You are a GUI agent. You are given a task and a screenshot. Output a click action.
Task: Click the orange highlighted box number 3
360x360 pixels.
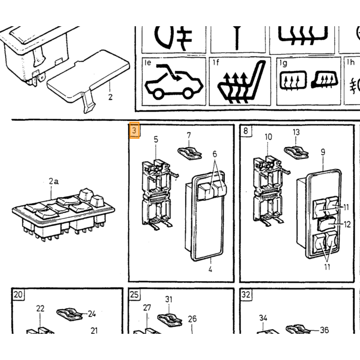coord(134,131)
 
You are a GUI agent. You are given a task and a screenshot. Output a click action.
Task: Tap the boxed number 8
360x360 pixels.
coord(246,131)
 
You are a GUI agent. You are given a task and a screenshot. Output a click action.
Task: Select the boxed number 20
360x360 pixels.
coord(18,294)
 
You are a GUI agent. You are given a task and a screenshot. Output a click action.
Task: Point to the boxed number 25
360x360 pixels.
coord(134,294)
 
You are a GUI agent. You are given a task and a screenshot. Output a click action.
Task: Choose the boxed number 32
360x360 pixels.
coord(246,294)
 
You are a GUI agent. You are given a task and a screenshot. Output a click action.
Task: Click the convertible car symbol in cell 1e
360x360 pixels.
coord(174,82)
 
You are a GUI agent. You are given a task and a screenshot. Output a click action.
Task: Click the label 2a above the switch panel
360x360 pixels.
coord(53,182)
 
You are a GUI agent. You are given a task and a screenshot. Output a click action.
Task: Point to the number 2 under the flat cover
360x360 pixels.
coord(111,97)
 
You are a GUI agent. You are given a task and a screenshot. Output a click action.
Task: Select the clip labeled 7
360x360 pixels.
coord(190,153)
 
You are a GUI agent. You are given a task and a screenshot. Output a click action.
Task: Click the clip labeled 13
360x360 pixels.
coord(296,152)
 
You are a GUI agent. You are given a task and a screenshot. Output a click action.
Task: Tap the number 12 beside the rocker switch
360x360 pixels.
coord(347,224)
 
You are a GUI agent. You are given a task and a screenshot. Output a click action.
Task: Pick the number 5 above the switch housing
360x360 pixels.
coord(156,139)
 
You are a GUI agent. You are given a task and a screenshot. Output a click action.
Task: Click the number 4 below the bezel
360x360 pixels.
coord(210,269)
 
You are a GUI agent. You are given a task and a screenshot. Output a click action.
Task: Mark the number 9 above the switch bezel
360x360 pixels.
coord(323,152)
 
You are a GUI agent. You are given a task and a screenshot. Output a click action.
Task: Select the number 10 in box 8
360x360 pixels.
coord(268,137)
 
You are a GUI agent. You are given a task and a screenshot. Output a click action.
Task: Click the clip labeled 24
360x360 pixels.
coord(69,314)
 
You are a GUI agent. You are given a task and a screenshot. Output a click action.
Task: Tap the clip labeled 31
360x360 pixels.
coord(170,320)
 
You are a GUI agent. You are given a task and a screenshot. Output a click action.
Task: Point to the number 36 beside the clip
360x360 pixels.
coord(325,330)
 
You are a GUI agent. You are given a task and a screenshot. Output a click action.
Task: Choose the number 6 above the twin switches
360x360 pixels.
coord(214,154)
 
